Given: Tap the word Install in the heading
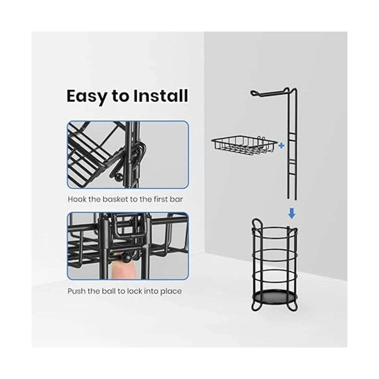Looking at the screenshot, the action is tap(161, 96).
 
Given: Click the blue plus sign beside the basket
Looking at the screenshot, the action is tap(281, 146).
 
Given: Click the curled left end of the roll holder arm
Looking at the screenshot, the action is tap(255, 93).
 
